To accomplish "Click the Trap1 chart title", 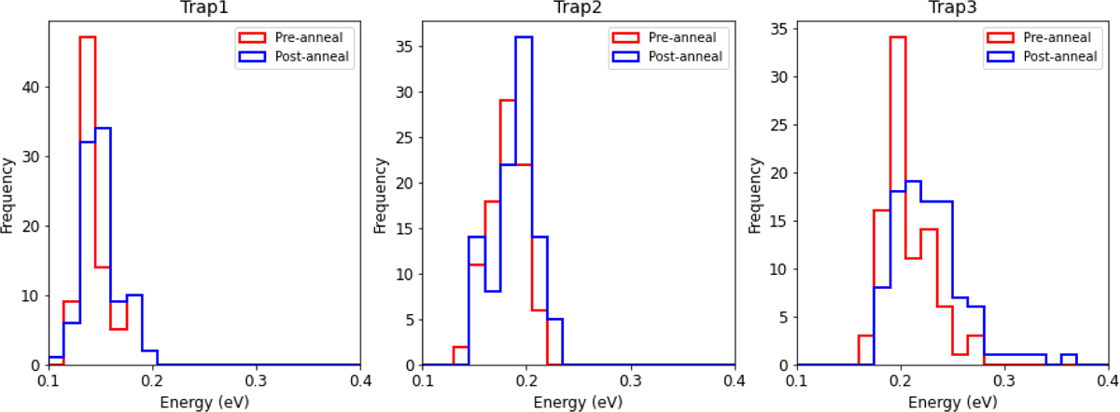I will point(204,8).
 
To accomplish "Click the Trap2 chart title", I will point(579,8).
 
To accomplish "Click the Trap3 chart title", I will point(953,8).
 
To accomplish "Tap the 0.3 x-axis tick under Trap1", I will point(257,381).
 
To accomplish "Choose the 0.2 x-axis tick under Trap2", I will point(527,381).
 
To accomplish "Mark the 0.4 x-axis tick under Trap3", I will point(1108,381).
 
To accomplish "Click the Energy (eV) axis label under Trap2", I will point(579,402).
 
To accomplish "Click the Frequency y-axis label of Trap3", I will point(757,193).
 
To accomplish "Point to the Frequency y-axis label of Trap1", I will point(8,193).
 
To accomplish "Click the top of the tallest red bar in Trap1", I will point(88,37).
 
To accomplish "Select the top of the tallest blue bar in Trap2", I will point(524,37).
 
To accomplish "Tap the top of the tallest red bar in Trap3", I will point(897,37).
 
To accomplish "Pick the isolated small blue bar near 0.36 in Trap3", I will point(1069,355).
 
